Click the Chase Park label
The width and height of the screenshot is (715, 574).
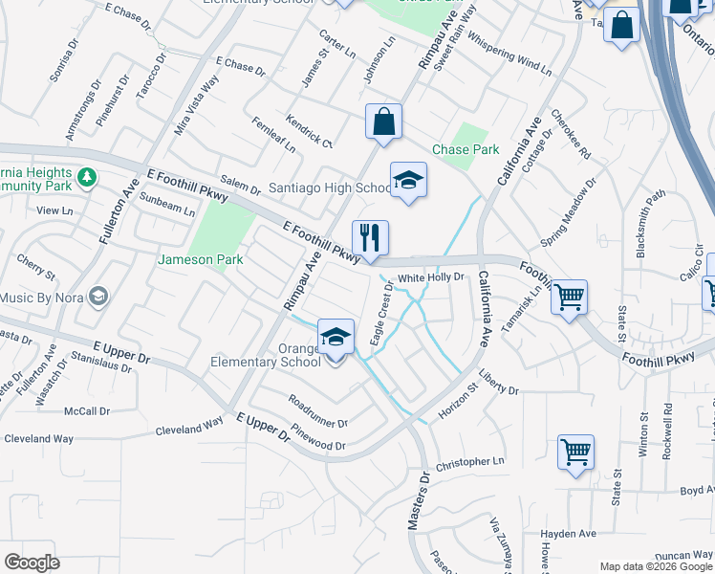[x=466, y=150]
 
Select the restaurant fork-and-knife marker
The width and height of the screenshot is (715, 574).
[x=370, y=238]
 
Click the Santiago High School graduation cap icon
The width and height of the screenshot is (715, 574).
[x=408, y=181]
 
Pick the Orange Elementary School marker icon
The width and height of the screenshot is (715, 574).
[x=336, y=337]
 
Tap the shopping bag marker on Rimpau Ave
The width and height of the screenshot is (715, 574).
[x=383, y=121]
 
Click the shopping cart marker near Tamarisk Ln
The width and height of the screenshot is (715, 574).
[x=569, y=298]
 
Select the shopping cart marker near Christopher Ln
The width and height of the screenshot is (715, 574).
[x=575, y=452]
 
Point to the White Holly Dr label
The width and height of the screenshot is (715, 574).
[x=431, y=277]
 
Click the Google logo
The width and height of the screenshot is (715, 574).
[x=32, y=563]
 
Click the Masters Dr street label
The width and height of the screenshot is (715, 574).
[x=418, y=499]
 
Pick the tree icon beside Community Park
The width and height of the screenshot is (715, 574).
[x=87, y=177]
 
